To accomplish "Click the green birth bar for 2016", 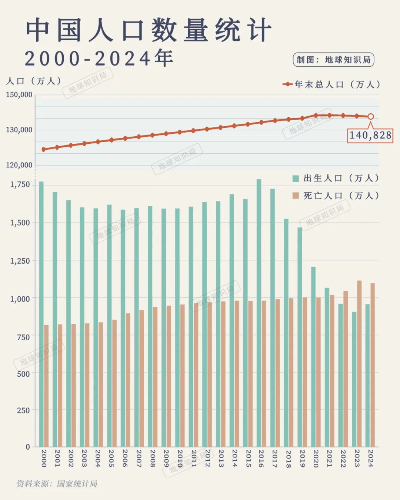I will pos(259,313).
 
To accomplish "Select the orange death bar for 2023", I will pos(359,363).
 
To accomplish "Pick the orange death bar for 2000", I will pos(46,385).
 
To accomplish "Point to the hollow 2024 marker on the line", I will pos(370,117).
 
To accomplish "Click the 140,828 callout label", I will pos(370,135).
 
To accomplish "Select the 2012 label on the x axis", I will pos(207,458).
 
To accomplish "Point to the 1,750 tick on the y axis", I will pos(20,184).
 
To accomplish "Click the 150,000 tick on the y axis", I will pos(19,95).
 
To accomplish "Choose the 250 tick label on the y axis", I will pos(23,410).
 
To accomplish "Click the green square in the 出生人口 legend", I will pos(296,179).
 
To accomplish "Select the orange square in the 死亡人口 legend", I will pos(296,196).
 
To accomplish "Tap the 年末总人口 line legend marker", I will pos(288,84).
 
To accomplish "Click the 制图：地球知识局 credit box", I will pos(333,60).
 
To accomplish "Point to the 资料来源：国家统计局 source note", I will pos(57,484).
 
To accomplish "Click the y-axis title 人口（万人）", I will pos(34,81).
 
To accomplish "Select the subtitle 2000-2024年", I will pos(99,59).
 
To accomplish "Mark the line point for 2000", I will pos(44,150).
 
